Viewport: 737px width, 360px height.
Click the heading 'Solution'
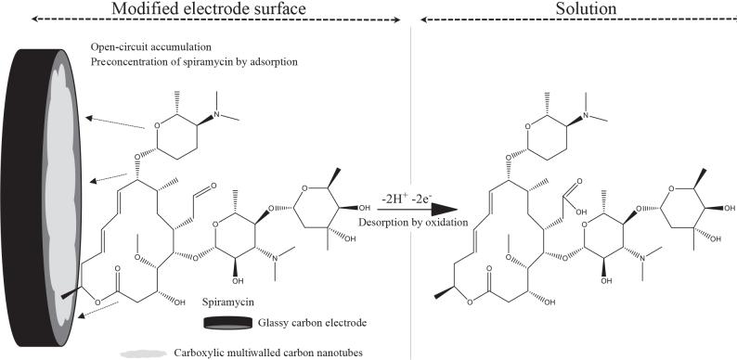coord(569,9)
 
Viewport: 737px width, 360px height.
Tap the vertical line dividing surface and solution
coord(410,278)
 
